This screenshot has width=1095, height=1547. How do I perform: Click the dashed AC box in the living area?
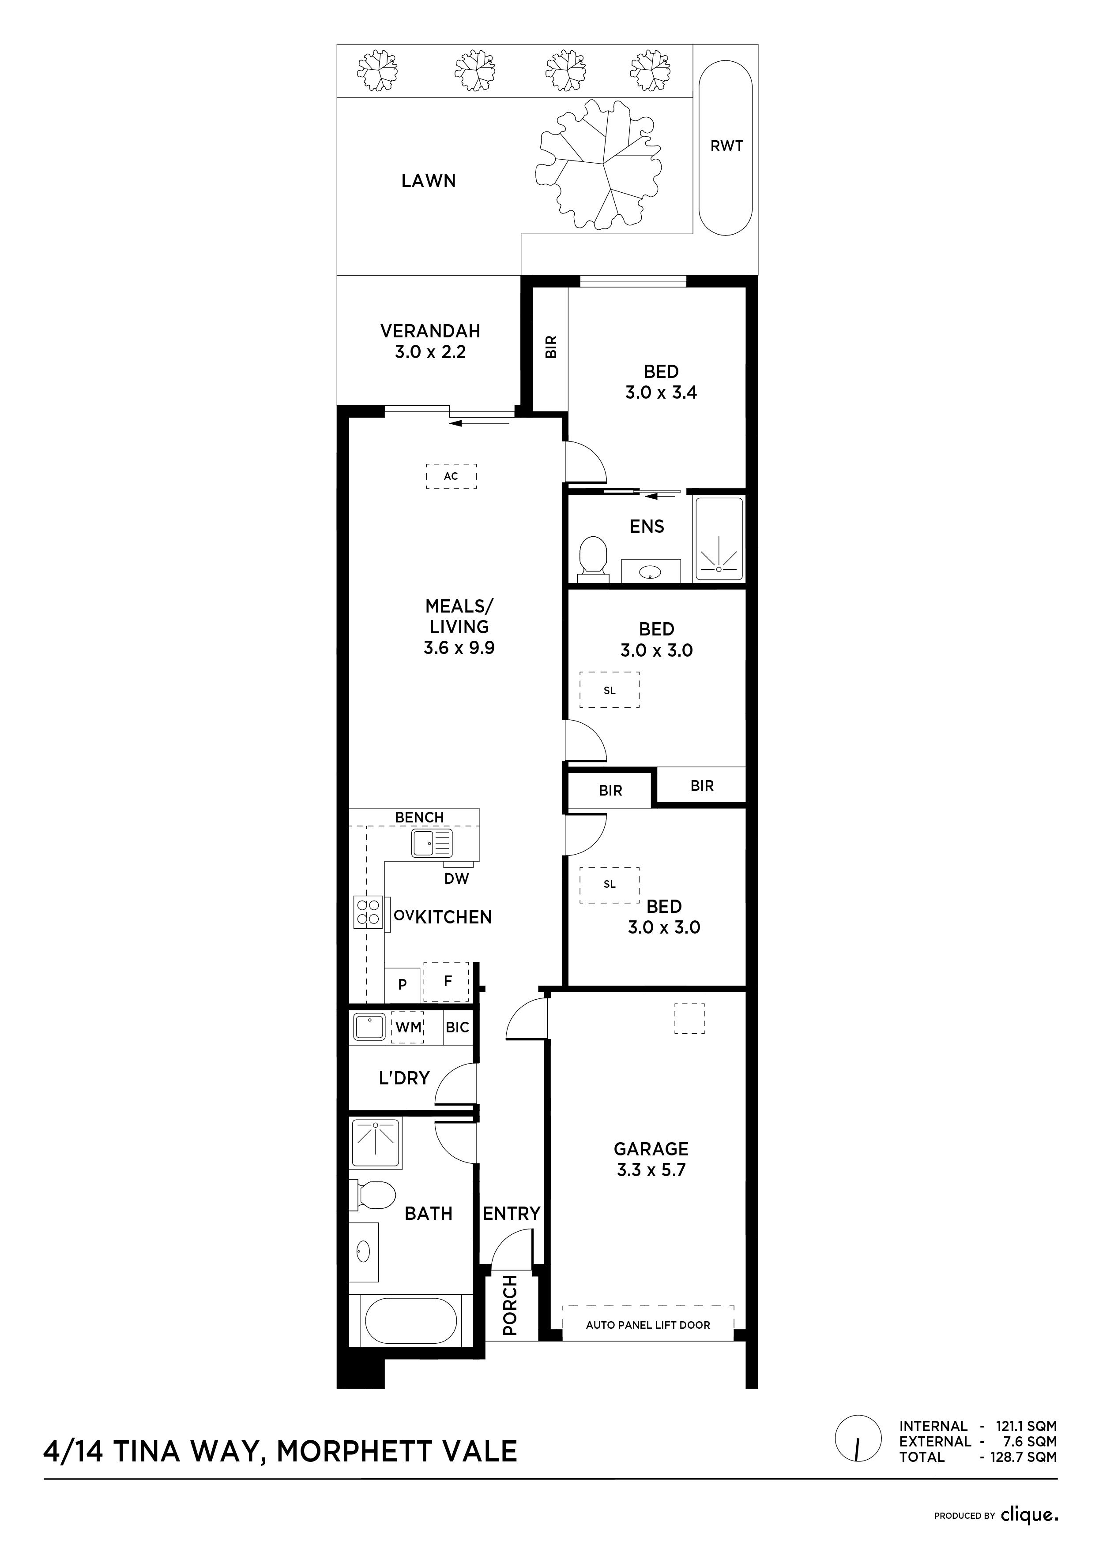(451, 476)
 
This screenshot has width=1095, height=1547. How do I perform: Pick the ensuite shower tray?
(719, 539)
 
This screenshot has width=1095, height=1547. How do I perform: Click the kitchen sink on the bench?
(432, 843)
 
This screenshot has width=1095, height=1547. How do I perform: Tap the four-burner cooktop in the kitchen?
(368, 913)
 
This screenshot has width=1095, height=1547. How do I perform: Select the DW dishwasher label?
(456, 878)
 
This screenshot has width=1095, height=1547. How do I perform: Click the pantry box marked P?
(403, 984)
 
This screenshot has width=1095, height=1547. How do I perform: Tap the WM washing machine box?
(408, 1028)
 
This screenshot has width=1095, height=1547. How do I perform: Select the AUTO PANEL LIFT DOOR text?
(648, 1325)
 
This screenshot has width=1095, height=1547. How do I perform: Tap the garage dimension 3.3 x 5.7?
(651, 1170)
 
